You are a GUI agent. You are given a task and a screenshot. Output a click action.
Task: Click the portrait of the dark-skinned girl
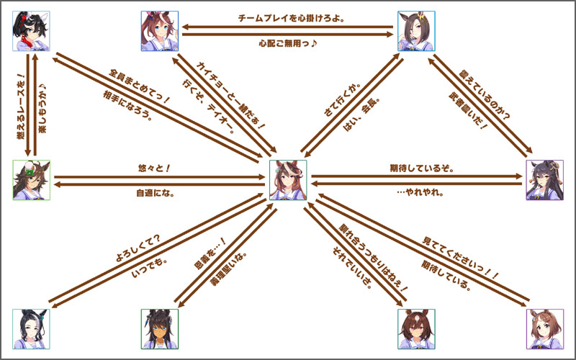click(x=160, y=329)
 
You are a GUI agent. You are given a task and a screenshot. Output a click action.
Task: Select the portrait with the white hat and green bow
click(x=32, y=180)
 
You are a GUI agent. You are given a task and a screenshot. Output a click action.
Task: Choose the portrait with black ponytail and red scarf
click(x=32, y=32)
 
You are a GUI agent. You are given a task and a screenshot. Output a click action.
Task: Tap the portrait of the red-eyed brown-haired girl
click(x=416, y=329)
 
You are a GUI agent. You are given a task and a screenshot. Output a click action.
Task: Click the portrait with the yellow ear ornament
click(x=416, y=32)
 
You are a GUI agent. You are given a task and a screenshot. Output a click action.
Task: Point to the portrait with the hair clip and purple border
click(x=544, y=329)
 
